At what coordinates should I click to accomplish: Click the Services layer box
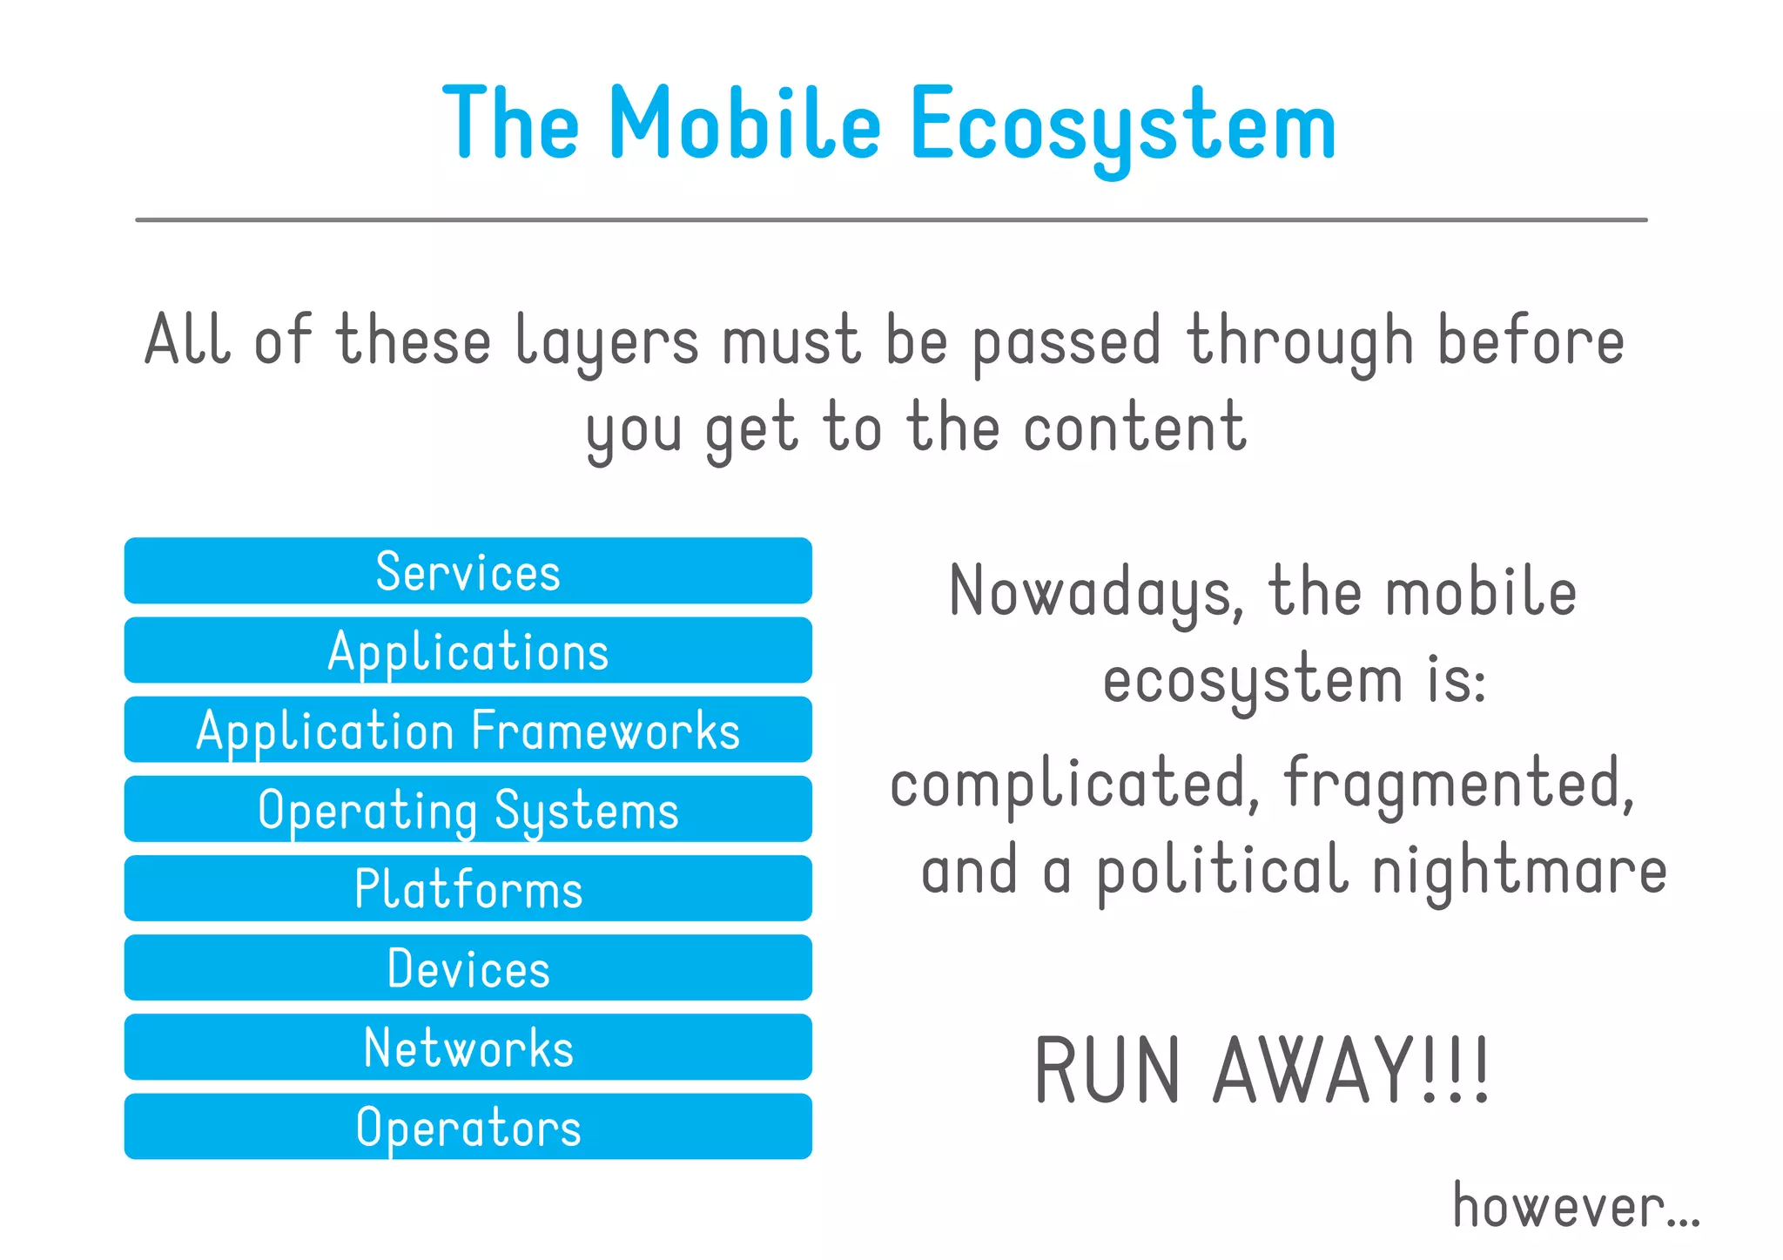[x=468, y=571]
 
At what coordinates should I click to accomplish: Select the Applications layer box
[x=468, y=650]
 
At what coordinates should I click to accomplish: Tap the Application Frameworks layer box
[x=468, y=730]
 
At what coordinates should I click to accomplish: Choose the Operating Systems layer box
[x=468, y=809]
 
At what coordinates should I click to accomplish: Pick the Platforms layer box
[x=468, y=888]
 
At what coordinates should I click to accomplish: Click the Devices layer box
[x=468, y=967]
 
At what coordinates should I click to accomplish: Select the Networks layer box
[x=468, y=1047]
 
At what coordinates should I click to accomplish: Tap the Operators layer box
[x=468, y=1126]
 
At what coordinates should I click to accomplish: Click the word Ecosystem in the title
[x=1122, y=126]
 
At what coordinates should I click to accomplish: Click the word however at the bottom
[x=1558, y=1207]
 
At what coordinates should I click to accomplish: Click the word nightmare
[x=1519, y=871]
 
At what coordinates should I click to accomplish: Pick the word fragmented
[x=1458, y=784]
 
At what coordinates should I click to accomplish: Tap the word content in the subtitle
[x=1134, y=428]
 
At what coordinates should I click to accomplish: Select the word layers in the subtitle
[x=607, y=341]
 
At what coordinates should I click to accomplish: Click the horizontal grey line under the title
[x=891, y=220]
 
